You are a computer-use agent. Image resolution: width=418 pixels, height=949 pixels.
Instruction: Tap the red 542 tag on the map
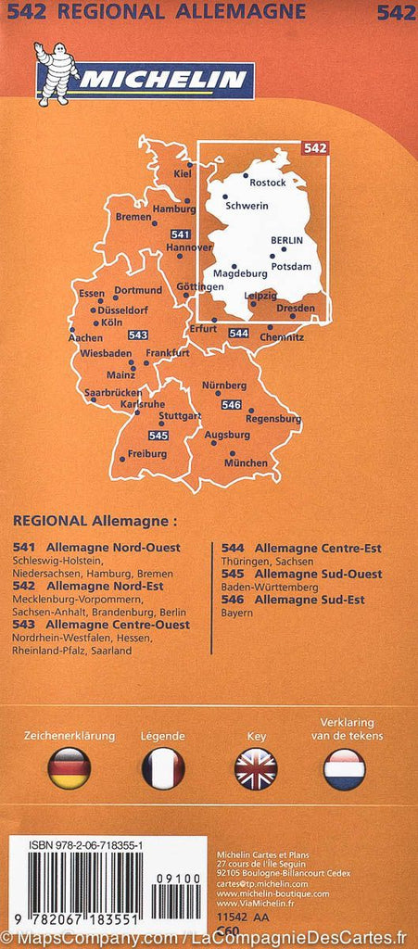pyautogui.click(x=315, y=147)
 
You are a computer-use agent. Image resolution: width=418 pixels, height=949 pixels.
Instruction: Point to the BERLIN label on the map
pyautogui.click(x=286, y=240)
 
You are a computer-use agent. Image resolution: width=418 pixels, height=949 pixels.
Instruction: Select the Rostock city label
pyautogui.click(x=269, y=183)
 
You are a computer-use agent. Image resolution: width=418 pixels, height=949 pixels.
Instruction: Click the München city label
pyautogui.click(x=247, y=462)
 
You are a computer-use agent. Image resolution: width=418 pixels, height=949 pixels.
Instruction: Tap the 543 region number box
pyautogui.click(x=138, y=335)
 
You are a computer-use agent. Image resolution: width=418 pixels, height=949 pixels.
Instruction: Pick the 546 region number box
pyautogui.click(x=231, y=405)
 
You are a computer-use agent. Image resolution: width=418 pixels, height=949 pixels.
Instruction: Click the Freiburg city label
pyautogui.click(x=147, y=454)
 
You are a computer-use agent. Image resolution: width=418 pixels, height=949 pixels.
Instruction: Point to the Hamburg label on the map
pyautogui.click(x=174, y=209)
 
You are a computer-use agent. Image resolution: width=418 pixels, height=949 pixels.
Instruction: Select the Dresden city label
pyautogui.click(x=296, y=308)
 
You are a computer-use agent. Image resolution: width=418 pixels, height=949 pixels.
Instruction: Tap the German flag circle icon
pyautogui.click(x=70, y=768)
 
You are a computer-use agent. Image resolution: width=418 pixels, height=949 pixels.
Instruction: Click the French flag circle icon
pyautogui.click(x=163, y=768)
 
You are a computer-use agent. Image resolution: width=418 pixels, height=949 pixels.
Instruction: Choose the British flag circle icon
pyautogui.click(x=255, y=768)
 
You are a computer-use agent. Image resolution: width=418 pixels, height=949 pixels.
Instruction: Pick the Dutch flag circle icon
pyautogui.click(x=344, y=768)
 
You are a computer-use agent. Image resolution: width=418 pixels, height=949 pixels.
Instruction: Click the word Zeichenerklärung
pyautogui.click(x=70, y=736)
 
